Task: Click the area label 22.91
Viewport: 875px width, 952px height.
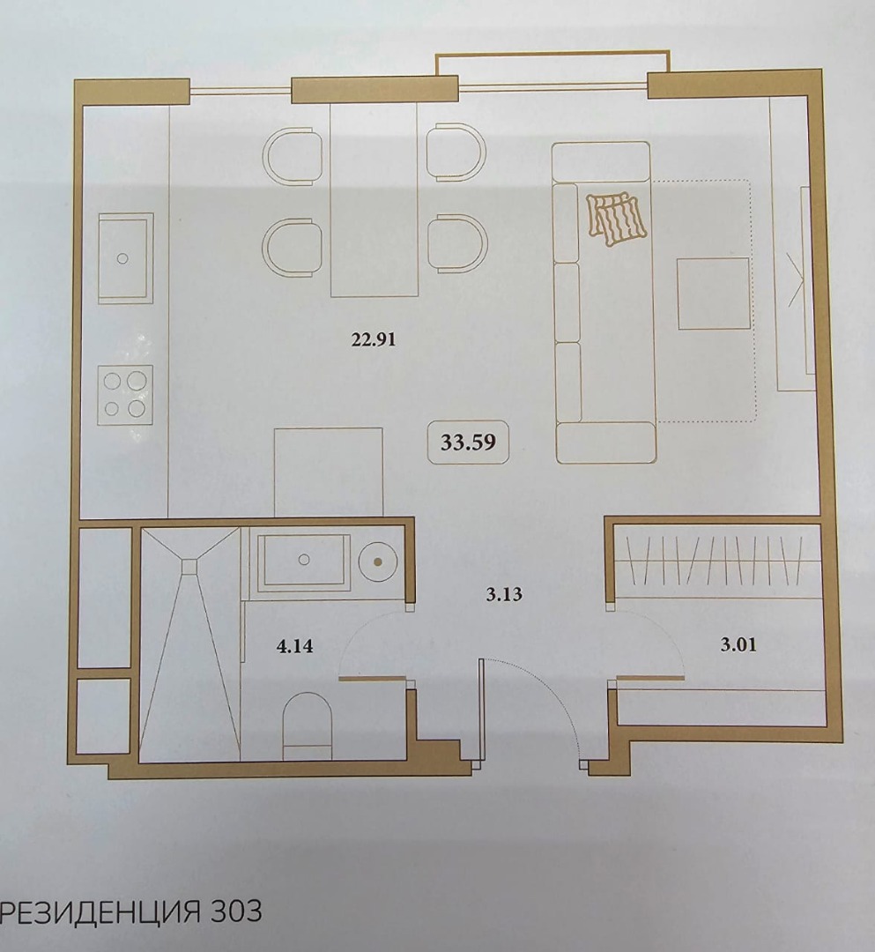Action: tap(374, 338)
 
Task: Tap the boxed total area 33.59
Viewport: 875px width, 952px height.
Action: tap(468, 442)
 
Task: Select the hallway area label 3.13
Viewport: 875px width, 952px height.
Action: tap(504, 594)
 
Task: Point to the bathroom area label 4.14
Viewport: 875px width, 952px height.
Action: tap(295, 646)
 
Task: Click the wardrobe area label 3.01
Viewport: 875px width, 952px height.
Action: tap(738, 644)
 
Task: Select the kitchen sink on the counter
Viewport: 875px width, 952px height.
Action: tap(126, 258)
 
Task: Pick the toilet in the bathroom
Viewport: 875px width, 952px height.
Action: tap(308, 726)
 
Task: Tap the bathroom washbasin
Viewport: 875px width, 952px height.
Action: tap(304, 561)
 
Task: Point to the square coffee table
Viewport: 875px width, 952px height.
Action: tap(713, 294)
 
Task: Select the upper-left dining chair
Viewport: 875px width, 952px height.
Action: tap(293, 156)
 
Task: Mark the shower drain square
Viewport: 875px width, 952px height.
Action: tap(190, 567)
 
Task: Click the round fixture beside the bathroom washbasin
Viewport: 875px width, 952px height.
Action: tap(377, 562)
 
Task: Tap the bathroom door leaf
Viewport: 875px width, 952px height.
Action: tap(372, 678)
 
